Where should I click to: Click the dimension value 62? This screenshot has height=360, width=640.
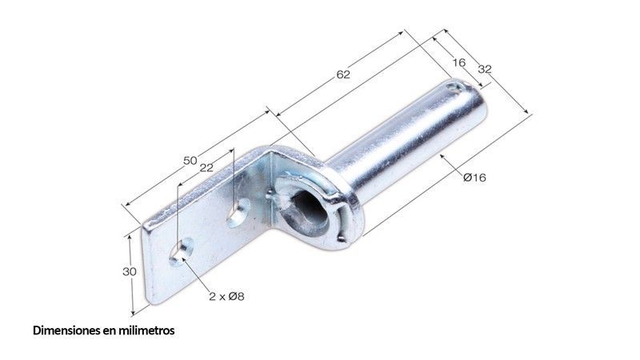(x=343, y=74)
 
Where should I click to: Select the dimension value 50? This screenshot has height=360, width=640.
(x=190, y=161)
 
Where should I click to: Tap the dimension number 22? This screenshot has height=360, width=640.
(x=206, y=168)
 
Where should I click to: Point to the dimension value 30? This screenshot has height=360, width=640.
(x=130, y=271)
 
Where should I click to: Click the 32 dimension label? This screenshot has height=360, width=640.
(x=485, y=70)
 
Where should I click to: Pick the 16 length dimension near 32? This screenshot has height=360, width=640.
(x=458, y=62)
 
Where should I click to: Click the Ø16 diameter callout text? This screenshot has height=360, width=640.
(x=474, y=178)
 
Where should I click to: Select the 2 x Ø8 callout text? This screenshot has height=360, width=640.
(x=226, y=296)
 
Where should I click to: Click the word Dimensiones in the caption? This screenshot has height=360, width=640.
(x=66, y=330)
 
